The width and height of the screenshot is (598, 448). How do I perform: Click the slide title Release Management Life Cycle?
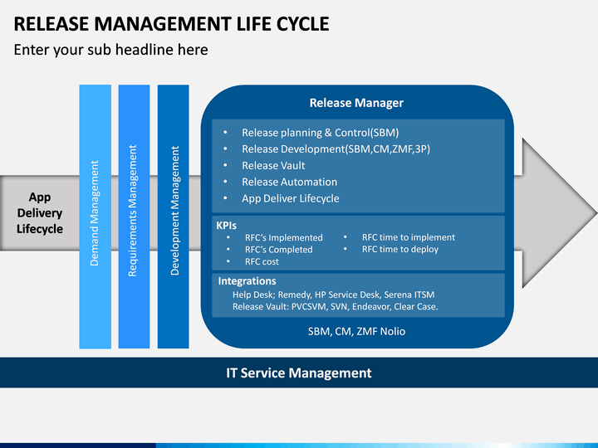tap(171, 23)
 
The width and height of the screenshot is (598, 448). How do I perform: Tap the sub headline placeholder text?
tap(110, 50)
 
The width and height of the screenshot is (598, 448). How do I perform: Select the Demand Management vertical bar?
tap(95, 217)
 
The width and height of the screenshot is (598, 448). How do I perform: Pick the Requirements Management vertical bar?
tap(134, 217)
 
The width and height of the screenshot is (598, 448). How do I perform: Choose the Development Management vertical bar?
tap(173, 217)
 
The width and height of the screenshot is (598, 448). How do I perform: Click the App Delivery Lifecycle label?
tap(40, 213)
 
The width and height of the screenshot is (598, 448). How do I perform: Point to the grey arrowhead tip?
tap(596, 213)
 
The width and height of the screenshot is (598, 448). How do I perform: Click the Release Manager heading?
tap(356, 103)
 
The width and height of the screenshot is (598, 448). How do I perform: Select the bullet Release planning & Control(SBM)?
tap(320, 133)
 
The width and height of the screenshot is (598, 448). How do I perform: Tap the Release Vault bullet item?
tap(273, 165)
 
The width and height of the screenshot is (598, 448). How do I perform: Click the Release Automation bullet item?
tap(290, 182)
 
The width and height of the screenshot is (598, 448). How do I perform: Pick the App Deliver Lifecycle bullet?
tap(290, 198)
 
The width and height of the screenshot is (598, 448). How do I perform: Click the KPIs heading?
tap(226, 226)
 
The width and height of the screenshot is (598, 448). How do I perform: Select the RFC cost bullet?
tap(262, 261)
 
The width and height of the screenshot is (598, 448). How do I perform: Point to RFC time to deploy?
tap(400, 249)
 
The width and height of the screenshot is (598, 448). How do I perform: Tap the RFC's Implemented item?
tap(284, 238)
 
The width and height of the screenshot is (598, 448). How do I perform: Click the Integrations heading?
tap(248, 281)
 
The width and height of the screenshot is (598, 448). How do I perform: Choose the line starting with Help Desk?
tap(333, 295)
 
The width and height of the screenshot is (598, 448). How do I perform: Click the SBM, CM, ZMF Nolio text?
tap(356, 331)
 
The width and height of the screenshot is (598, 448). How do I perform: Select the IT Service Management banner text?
tap(299, 373)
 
